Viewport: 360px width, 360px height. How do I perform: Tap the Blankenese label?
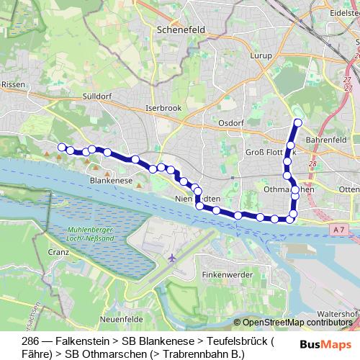112,181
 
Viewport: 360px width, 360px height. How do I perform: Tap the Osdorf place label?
232,123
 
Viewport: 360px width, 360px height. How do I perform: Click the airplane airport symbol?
171,258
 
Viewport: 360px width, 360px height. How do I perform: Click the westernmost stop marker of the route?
62,147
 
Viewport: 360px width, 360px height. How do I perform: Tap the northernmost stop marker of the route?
297,122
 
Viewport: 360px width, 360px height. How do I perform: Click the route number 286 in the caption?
31,340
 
